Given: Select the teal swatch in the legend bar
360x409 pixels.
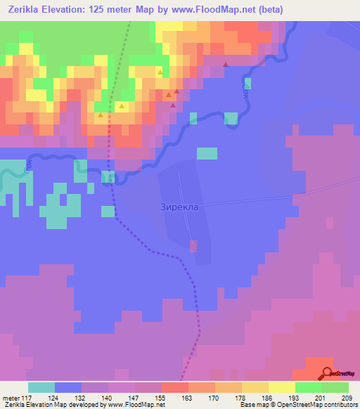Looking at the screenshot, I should point(41,388).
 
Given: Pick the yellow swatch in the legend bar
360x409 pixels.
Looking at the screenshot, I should point(282,388).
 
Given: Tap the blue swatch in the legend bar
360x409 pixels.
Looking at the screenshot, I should point(68,388).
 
